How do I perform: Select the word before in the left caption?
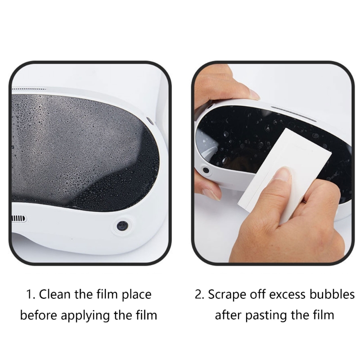pyautogui.click(x=39, y=315)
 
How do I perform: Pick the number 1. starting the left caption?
pyautogui.click(x=31, y=295)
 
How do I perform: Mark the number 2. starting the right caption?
pyautogui.click(x=199, y=295)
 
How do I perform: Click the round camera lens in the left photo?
pyautogui.click(x=122, y=226)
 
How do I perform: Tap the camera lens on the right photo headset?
pyautogui.click(x=206, y=170)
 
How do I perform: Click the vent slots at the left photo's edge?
pyautogui.click(x=19, y=219)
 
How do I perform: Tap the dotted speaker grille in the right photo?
pyautogui.click(x=293, y=114)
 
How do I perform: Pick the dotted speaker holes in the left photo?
pyautogui.click(x=29, y=89)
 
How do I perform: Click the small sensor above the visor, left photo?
pyautogui.click(x=150, y=121)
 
